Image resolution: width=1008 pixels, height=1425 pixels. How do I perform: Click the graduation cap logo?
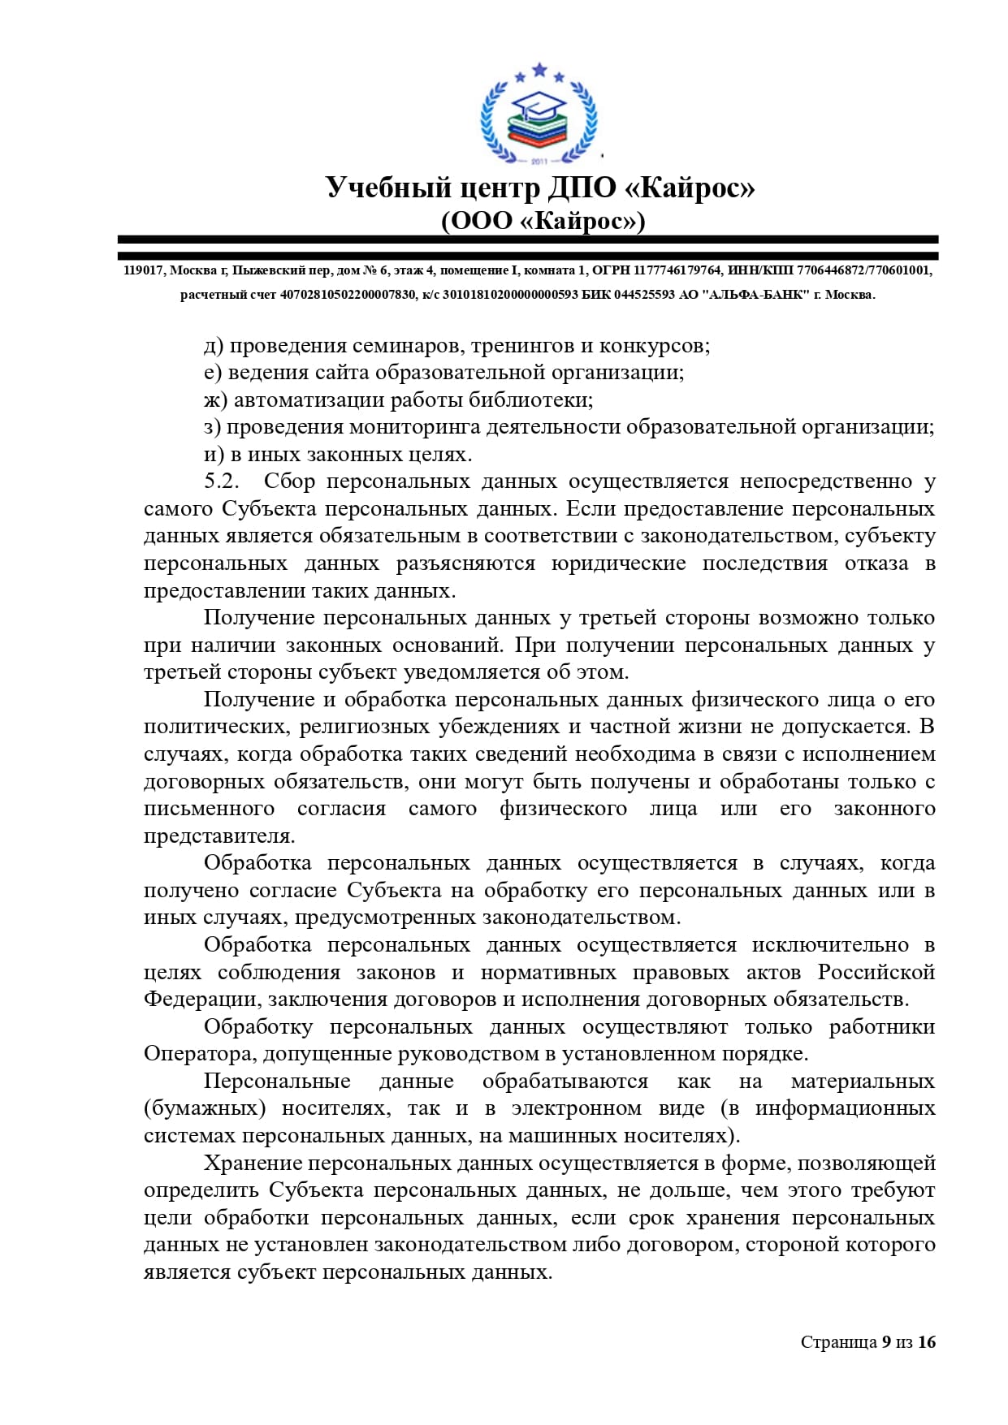539,114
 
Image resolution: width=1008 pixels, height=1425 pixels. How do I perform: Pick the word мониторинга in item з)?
416,427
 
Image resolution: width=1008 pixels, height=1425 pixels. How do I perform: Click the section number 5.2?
222,481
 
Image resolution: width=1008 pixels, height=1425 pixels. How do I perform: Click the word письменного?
210,809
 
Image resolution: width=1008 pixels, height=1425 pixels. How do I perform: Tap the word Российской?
876,972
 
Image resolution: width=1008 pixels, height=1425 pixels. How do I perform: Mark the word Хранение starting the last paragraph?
253,1163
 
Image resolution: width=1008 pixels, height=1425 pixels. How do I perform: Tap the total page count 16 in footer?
927,1341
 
